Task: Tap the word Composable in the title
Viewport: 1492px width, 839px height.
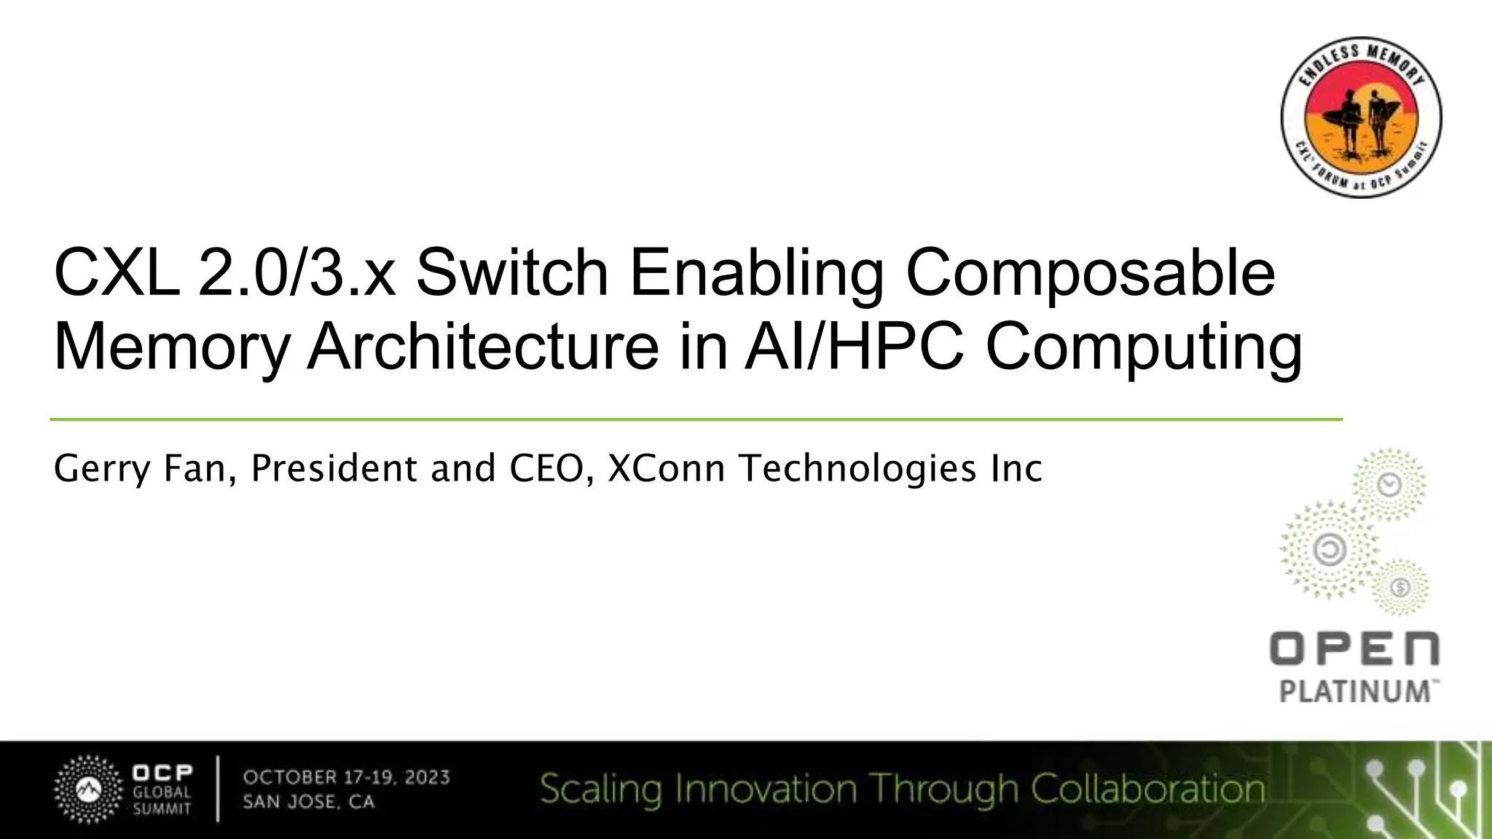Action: coord(1090,275)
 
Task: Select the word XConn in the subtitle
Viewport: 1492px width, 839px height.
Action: coord(666,468)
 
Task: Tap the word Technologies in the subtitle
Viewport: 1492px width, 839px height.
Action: coord(858,468)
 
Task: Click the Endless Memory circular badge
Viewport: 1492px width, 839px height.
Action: coord(1361,117)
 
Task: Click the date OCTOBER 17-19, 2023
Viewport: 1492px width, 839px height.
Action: coord(347,777)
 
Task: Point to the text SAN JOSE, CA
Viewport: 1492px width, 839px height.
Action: coord(309,803)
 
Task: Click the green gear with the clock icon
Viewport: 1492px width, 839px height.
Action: coord(1390,484)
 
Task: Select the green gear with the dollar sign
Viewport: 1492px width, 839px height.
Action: coord(1399,587)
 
